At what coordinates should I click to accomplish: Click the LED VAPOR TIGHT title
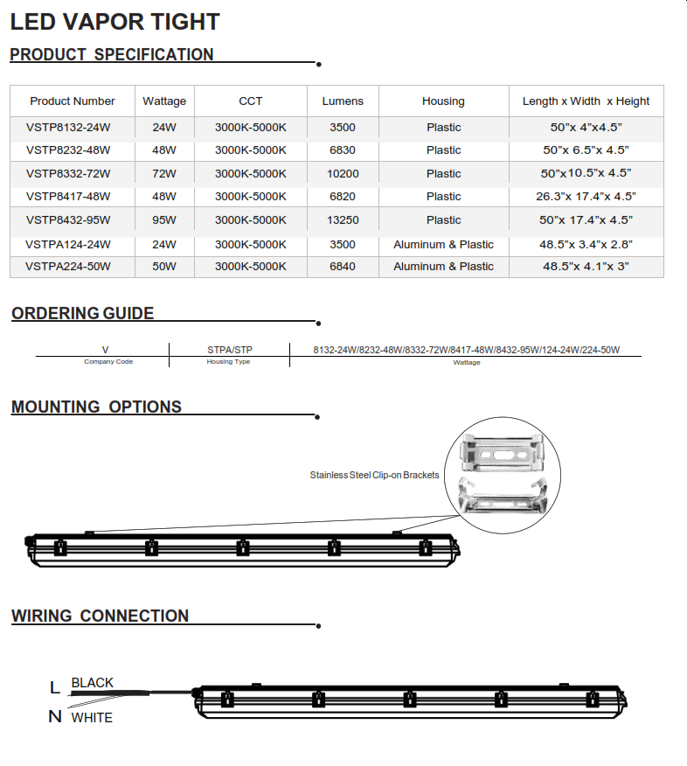[x=114, y=21]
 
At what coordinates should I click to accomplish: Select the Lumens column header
[x=343, y=101]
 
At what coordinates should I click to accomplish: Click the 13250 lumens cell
[x=343, y=220]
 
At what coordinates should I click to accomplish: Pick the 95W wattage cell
[x=164, y=220]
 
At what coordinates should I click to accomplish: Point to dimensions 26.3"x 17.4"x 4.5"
[x=586, y=197]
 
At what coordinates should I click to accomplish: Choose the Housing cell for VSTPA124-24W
[x=443, y=245]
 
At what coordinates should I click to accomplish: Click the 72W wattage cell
[x=164, y=174]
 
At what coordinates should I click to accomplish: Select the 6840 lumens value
[x=343, y=267]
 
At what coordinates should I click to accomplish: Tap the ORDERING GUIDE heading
[x=83, y=314]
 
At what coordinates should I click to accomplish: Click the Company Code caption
[x=108, y=362]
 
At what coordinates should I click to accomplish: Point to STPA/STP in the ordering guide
[x=230, y=350]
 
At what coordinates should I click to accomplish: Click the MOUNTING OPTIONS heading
[x=97, y=407]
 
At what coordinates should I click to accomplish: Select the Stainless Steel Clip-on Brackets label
[x=374, y=476]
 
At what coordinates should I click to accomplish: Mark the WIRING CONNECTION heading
[x=101, y=616]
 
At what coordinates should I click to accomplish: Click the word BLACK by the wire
[x=93, y=683]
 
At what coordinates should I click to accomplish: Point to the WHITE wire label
[x=92, y=718]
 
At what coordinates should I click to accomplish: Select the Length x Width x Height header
[x=586, y=101]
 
